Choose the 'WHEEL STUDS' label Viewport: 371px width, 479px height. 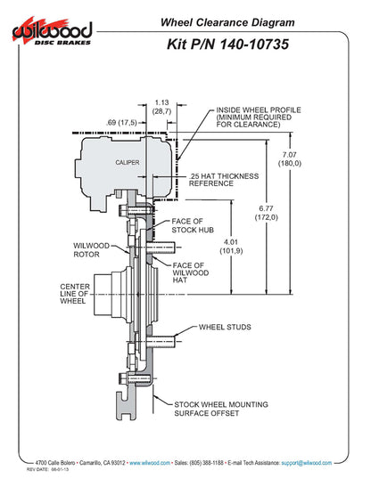pyautogui.click(x=224, y=328)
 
